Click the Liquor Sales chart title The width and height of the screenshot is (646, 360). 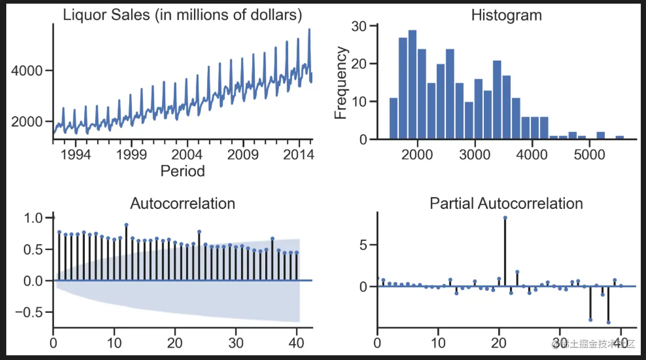point(183,15)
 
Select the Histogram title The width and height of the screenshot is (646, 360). point(506,15)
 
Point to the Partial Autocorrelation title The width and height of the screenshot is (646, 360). point(506,203)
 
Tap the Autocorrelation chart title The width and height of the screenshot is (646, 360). point(182,203)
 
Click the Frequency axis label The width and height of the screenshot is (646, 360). point(341,83)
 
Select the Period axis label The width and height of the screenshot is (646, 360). point(183,171)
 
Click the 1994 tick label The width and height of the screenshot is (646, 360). point(75,155)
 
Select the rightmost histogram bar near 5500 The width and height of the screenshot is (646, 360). point(619,138)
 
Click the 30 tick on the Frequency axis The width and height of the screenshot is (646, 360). point(358,26)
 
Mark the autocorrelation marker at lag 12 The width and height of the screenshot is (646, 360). point(126,225)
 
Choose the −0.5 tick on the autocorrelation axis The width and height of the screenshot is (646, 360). point(32,312)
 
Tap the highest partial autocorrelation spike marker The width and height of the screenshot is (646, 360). point(505,218)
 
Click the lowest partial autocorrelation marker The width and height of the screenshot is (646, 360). point(608,322)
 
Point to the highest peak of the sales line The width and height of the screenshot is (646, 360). point(309,29)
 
